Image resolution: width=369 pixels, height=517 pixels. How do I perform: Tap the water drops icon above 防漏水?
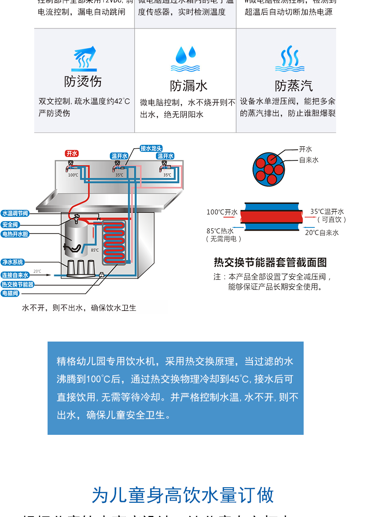click(x=185, y=59)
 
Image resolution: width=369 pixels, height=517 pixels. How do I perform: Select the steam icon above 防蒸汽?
click(x=289, y=59)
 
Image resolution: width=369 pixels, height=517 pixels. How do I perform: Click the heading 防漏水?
click(x=189, y=85)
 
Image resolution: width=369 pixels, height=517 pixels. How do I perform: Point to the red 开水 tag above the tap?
click(x=72, y=153)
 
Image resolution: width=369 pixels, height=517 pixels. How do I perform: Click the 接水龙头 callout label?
click(x=151, y=148)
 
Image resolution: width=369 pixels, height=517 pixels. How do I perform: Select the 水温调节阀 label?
click(x=15, y=214)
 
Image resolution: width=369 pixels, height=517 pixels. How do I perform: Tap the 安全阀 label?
click(x=10, y=225)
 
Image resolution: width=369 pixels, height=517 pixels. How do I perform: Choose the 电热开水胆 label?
click(x=15, y=234)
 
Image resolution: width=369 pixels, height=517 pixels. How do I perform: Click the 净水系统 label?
click(x=12, y=262)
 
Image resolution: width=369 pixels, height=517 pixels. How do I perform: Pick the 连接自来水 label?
click(x=15, y=275)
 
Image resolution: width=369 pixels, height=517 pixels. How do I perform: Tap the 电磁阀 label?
click(x=10, y=294)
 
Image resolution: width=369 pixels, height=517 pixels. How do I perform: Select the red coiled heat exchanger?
click(x=114, y=243)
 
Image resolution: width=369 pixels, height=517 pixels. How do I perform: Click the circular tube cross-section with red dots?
click(x=269, y=169)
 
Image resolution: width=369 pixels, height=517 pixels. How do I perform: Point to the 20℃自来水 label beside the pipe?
click(x=321, y=233)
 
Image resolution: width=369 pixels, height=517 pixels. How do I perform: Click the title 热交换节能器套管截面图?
click(x=270, y=262)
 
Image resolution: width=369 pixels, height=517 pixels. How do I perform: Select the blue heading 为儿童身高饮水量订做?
click(x=183, y=495)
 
